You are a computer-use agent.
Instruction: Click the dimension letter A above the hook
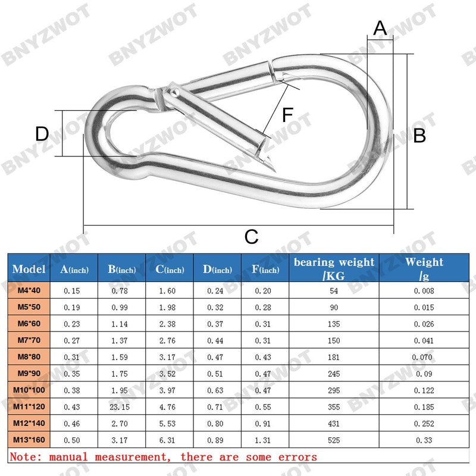coord(380,28)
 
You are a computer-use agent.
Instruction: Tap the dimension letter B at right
coord(419,135)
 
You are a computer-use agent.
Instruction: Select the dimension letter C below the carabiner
coord(251,237)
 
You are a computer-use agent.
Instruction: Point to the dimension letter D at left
coord(42,133)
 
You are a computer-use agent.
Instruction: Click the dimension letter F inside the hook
coord(287,115)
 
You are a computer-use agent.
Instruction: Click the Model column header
coord(29,269)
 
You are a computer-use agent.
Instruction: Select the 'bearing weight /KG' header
coord(334,269)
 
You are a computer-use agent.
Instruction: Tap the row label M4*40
coord(29,290)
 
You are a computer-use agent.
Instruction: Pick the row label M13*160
coord(29,440)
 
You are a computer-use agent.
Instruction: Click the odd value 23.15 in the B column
coord(120,407)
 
